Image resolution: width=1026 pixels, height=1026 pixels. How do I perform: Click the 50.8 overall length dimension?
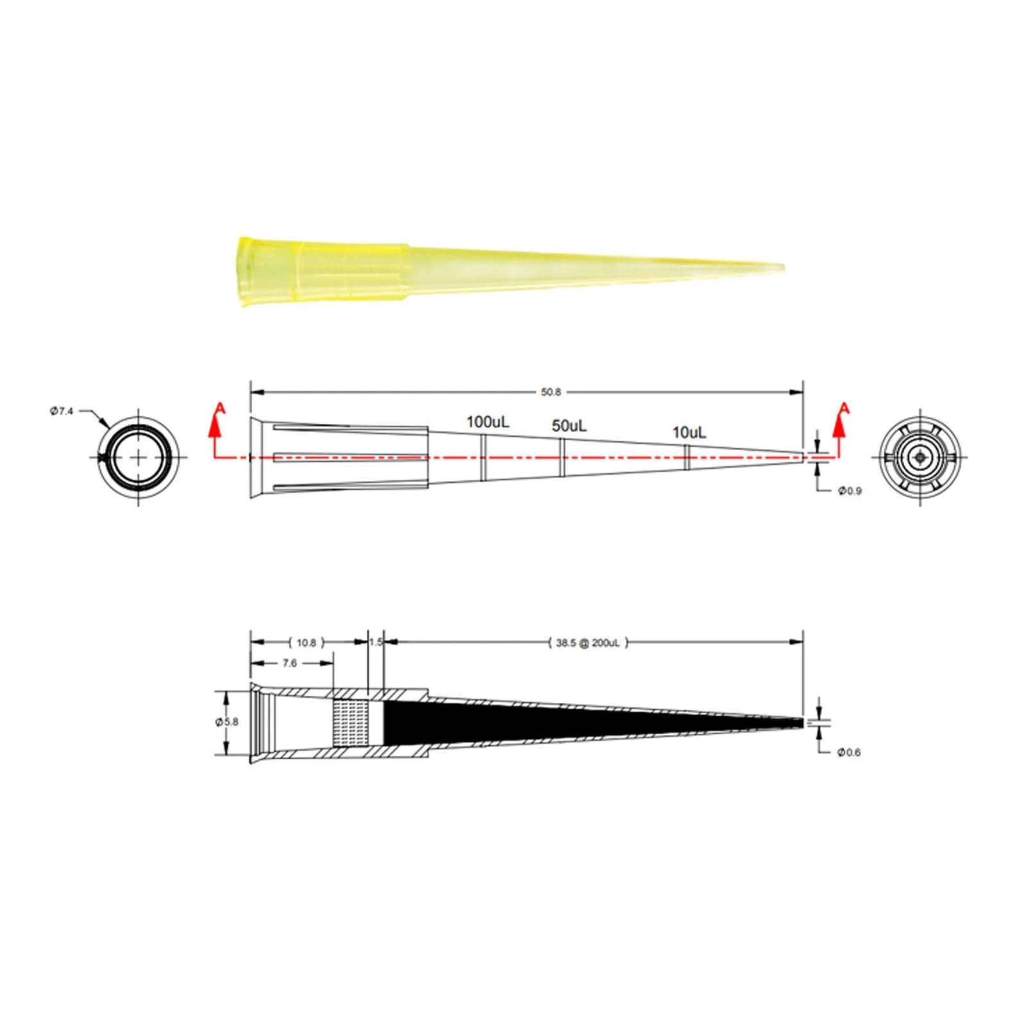tap(551, 392)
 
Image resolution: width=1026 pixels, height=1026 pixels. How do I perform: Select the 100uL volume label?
tap(487, 422)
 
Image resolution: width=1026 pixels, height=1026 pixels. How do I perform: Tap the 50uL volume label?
tap(569, 426)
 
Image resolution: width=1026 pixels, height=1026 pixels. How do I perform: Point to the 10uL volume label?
tap(689, 433)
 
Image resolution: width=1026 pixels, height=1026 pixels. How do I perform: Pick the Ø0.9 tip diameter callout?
tap(850, 491)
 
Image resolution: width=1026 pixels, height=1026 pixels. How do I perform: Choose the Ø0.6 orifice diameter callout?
tap(849, 752)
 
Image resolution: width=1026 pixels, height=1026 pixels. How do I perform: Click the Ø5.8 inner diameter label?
tap(226, 722)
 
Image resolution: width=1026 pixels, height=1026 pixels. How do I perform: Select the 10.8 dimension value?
tap(307, 643)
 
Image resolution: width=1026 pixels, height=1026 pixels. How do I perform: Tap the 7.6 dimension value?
tap(290, 663)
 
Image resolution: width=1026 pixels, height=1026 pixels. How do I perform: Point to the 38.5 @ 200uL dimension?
tap(588, 643)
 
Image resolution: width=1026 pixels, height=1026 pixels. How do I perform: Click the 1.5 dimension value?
tap(376, 643)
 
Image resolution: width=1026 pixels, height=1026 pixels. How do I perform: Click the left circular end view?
tap(139, 457)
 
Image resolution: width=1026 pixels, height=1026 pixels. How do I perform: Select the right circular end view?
tap(921, 458)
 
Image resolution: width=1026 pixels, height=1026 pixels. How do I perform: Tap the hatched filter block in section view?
tap(350, 722)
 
